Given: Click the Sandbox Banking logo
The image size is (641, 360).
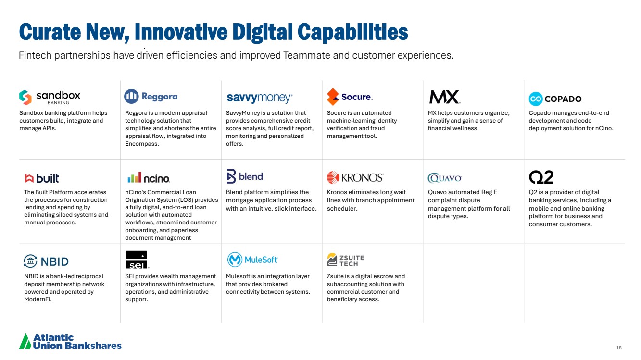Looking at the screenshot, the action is [50, 98].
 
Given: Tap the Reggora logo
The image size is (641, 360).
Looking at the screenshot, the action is [151, 96].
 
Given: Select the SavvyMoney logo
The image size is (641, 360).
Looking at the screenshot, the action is [260, 98].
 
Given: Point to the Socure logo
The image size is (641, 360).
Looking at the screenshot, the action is [350, 97].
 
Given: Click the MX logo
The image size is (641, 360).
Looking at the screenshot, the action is [445, 97].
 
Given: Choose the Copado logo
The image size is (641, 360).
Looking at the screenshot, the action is [555, 99].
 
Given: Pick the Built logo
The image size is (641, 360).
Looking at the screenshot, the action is [42, 178].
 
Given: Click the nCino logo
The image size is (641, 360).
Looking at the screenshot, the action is [149, 177].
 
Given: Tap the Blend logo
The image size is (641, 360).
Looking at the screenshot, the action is [245, 176].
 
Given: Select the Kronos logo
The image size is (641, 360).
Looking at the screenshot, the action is [355, 177].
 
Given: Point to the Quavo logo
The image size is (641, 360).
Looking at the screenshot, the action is [444, 178].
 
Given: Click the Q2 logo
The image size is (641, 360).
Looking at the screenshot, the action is [541, 177].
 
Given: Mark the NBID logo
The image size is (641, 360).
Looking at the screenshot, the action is [46, 261].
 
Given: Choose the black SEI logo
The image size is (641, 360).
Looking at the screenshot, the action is [137, 260].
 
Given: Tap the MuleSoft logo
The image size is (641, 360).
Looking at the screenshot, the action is [252, 260].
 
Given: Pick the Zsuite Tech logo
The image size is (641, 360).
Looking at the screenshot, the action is [346, 260].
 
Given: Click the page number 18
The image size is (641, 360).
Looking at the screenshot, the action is [619, 348].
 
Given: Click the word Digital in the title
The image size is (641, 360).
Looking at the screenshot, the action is [262, 32].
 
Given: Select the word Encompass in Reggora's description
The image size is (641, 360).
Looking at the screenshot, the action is [142, 144].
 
